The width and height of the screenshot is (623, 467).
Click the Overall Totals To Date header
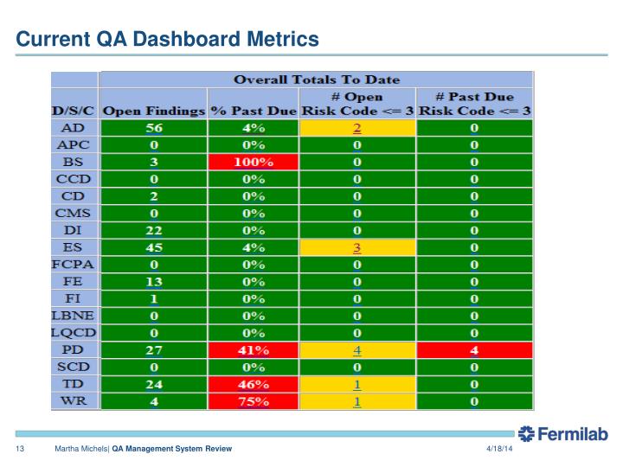pos(316,79)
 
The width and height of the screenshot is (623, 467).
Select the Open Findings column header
pos(154,112)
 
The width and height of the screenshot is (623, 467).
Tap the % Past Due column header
pos(254,112)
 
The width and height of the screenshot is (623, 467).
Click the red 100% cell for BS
pos(254,162)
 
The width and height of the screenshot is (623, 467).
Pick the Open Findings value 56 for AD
pos(154,128)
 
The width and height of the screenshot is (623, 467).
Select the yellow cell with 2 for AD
pos(356,128)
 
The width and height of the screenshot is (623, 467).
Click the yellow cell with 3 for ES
pos(356,247)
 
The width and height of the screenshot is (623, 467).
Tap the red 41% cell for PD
pos(254,350)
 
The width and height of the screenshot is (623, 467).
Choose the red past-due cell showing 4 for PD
pos(474,350)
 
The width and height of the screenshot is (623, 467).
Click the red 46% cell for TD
pos(254,384)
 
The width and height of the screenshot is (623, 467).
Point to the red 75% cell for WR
pos(254,401)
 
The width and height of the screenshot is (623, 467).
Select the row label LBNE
pos(74,316)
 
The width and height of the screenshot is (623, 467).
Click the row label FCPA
pos(74,265)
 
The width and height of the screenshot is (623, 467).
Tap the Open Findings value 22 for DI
pos(154,230)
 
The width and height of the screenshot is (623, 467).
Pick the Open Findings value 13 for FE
pos(154,282)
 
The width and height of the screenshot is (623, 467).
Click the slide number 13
pos(17,451)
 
